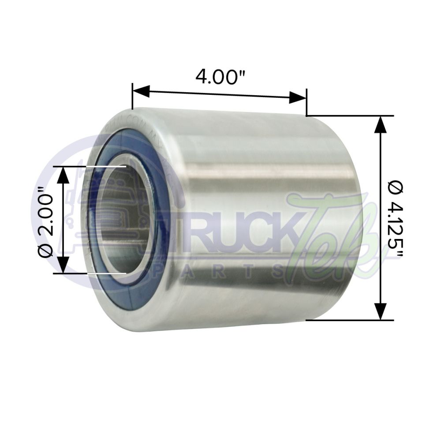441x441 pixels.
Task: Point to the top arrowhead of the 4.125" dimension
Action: tap(380, 125)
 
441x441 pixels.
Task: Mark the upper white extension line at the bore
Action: tap(106, 167)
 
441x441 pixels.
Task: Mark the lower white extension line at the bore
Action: tap(106, 273)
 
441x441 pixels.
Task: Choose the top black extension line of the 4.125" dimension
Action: tap(348, 116)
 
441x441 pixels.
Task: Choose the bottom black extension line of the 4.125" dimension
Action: tap(348, 320)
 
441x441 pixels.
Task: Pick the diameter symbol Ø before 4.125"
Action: tap(396, 188)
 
